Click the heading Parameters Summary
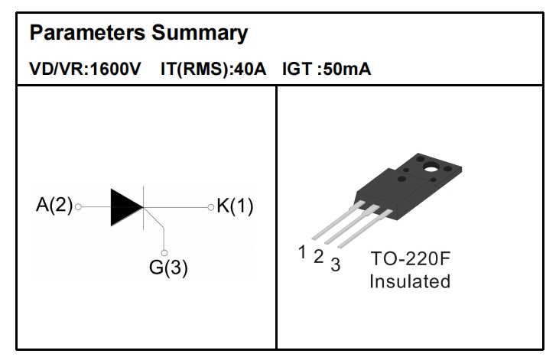pyautogui.click(x=138, y=34)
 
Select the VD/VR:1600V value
pyautogui.click(x=84, y=70)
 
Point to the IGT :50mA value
pyautogui.click(x=327, y=70)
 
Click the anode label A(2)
pyautogui.click(x=54, y=206)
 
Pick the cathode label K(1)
pyautogui.click(x=236, y=206)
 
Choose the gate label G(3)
pyautogui.click(x=168, y=269)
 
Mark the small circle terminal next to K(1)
pyautogui.click(x=210, y=206)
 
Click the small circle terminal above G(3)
pyautogui.click(x=165, y=251)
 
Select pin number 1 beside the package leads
pyautogui.click(x=302, y=250)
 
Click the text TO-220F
pyautogui.click(x=409, y=258)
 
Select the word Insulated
pyautogui.click(x=410, y=281)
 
